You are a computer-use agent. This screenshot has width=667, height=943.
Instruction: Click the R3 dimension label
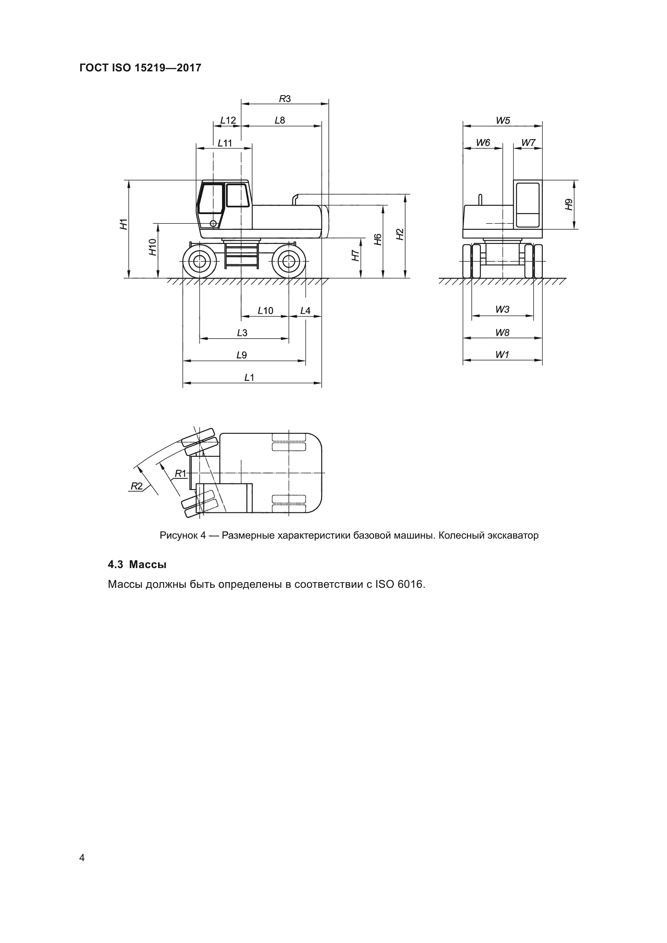285,98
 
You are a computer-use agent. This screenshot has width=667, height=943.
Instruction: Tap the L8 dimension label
280,120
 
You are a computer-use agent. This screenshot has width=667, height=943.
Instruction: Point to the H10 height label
153,247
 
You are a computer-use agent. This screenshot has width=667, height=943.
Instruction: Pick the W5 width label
503,120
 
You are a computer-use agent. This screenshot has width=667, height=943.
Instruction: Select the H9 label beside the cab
569,204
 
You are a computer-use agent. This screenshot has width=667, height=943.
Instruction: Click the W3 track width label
502,309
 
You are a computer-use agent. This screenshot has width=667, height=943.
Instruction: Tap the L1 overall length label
249,377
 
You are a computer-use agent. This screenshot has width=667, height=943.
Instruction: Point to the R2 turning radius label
136,486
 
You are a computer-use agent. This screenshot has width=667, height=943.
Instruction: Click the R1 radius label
180,474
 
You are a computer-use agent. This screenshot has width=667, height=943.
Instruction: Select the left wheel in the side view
200,261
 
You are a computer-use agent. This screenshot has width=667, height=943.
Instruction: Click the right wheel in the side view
289,261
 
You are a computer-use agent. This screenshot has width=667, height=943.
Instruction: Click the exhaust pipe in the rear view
480,199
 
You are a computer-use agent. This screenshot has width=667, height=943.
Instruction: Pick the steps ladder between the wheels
242,256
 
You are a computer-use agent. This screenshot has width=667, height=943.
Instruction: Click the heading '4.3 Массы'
137,564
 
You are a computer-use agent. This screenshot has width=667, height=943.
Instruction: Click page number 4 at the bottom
82,858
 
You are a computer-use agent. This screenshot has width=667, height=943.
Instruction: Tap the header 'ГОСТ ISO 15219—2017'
140,68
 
